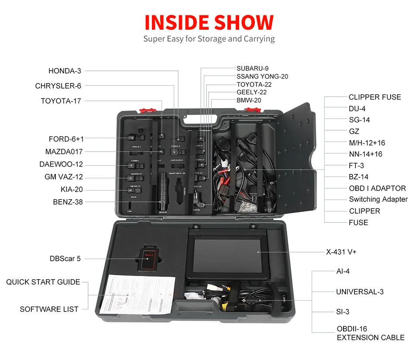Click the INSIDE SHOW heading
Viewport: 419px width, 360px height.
[209, 23]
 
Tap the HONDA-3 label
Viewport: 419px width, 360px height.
[65, 71]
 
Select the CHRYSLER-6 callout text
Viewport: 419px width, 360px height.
[58, 86]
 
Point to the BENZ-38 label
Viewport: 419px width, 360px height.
[68, 202]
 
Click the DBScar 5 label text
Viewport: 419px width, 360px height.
[65, 259]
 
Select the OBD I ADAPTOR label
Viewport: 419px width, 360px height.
[377, 188]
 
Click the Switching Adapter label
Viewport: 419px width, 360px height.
[378, 199]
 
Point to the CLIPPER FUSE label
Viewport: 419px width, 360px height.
[374, 97]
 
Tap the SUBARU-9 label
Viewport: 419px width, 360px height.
[252, 68]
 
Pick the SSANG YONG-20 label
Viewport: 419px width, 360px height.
[262, 76]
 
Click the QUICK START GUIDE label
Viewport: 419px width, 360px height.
[43, 282]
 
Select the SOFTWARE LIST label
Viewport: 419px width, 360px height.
[49, 309]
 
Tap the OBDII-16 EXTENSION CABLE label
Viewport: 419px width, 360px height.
[370, 333]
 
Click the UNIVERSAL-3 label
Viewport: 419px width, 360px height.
[360, 292]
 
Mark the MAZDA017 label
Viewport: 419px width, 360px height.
[64, 152]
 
